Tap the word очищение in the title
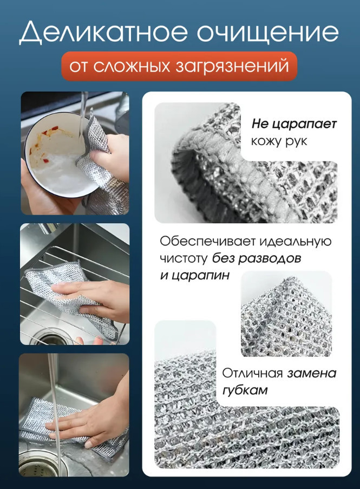[268, 32]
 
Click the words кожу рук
[279, 141]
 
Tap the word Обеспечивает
[207, 241]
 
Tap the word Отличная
[252, 373]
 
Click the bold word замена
[312, 373]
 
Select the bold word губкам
[245, 390]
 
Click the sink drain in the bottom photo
[38, 464]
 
